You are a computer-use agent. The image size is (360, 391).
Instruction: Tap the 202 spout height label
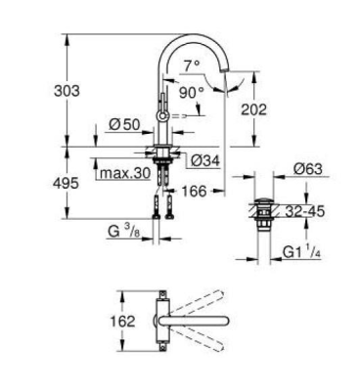pyautogui.click(x=253, y=110)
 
